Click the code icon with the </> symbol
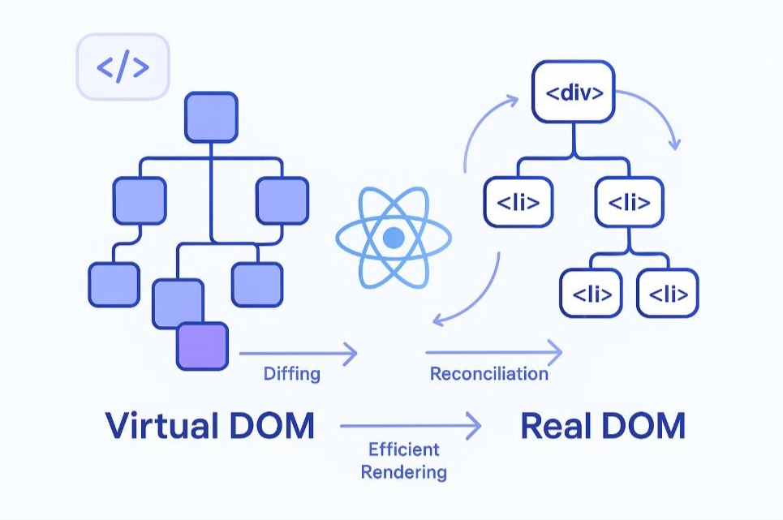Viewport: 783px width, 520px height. [123, 67]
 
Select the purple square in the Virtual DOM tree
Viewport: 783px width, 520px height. [203, 346]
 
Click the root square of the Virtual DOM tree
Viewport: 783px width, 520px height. [211, 117]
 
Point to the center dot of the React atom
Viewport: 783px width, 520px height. [394, 238]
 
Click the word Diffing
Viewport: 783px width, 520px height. [292, 374]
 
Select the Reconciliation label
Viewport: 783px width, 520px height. [488, 374]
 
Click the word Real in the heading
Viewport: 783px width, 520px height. [553, 426]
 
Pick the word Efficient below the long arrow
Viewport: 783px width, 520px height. [403, 449]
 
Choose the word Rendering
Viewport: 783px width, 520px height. [403, 471]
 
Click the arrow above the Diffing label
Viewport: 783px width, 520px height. [298, 353]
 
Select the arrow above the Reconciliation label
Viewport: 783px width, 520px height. [493, 352]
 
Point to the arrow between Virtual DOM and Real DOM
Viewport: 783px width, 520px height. [411, 424]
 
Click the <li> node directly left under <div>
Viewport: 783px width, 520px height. [518, 201]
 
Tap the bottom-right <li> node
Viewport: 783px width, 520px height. [668, 293]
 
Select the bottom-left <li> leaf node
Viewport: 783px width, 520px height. [592, 293]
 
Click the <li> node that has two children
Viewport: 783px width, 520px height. [628, 201]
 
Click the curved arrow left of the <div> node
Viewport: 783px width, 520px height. [483, 130]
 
